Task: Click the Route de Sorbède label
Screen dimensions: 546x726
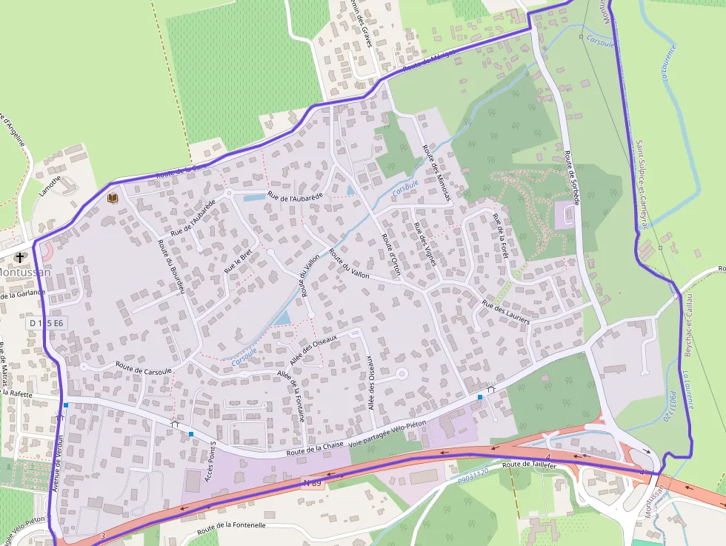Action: (x=571, y=178)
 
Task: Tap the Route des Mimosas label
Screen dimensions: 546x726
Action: (x=437, y=171)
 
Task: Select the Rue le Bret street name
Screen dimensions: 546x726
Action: (x=239, y=259)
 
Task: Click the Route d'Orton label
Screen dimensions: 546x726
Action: (x=390, y=255)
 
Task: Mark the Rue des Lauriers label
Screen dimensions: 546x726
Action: (x=505, y=312)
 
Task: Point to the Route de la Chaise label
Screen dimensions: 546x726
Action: (x=316, y=445)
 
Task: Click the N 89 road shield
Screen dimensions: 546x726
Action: (x=312, y=482)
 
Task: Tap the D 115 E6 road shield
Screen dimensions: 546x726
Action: (x=47, y=323)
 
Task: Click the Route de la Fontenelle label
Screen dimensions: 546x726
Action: (x=231, y=527)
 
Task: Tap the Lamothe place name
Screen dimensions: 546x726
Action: (x=50, y=184)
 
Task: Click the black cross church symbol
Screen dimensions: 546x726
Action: (x=19, y=257)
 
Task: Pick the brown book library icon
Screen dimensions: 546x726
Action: (x=113, y=198)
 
